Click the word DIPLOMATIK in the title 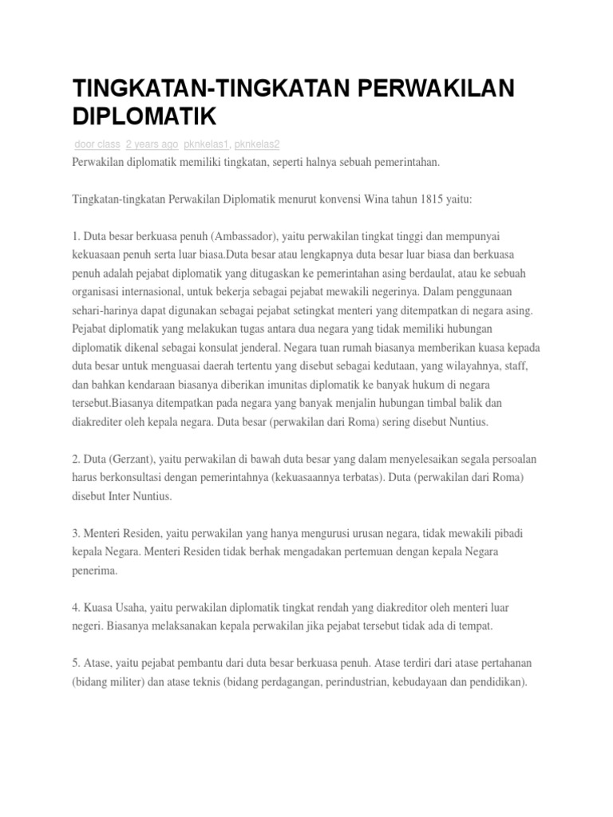(144, 116)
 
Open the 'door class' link (97, 144)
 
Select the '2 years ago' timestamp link (152, 144)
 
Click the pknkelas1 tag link (207, 144)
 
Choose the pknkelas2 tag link (257, 144)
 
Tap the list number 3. (75, 532)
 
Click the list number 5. (75, 663)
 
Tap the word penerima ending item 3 (95, 570)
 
